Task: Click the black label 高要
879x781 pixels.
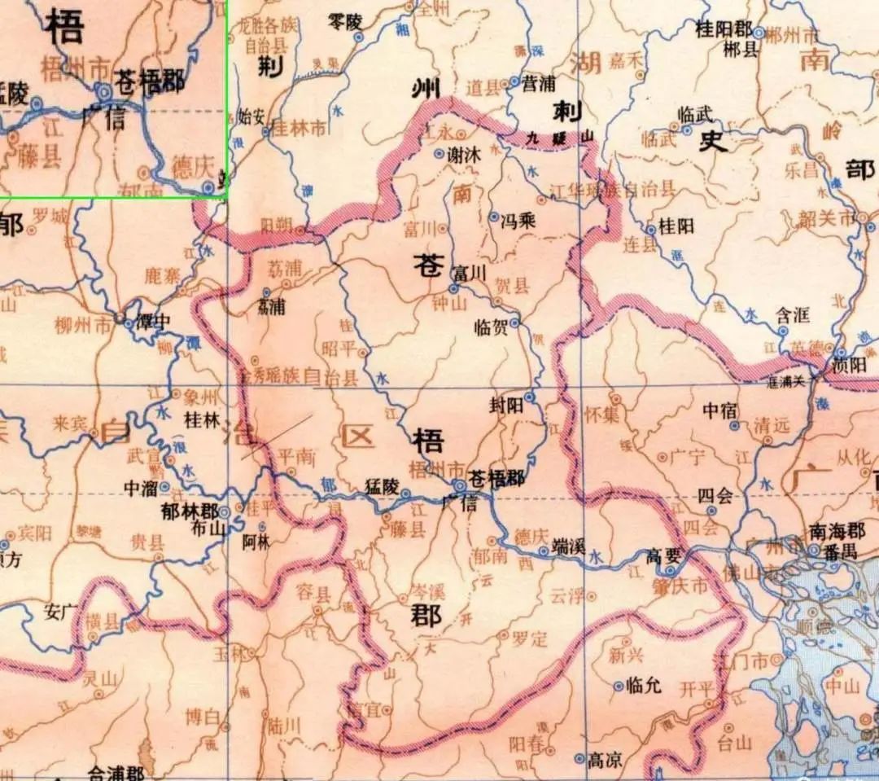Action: point(663,555)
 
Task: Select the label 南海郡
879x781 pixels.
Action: point(836,531)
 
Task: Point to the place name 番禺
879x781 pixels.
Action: point(842,552)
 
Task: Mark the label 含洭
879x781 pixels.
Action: point(794,316)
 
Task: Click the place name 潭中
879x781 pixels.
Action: point(153,320)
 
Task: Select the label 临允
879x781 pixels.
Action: point(645,686)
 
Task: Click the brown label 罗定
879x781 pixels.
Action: point(529,638)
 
